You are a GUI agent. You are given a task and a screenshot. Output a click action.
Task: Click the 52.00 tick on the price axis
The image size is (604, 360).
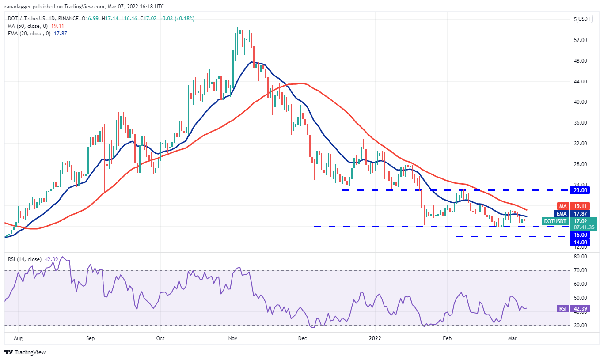click(x=580, y=40)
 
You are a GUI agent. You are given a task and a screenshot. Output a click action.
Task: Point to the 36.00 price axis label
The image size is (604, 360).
click(x=580, y=123)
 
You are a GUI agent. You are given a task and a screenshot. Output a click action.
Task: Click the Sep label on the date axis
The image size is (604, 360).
click(x=90, y=339)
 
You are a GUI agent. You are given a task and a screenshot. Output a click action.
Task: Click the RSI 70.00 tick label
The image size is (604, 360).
click(x=580, y=270)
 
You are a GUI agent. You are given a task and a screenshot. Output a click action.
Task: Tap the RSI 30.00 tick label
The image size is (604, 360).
click(x=580, y=326)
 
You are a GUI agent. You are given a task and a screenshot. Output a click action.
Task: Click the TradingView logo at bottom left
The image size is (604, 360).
click(x=25, y=352)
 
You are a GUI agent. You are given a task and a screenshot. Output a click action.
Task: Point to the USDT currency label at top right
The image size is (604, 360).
click(x=585, y=19)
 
